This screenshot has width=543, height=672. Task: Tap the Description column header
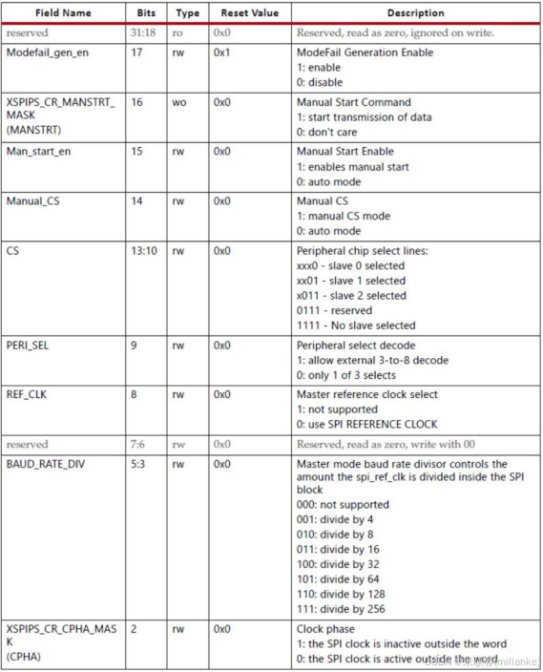pyautogui.click(x=415, y=13)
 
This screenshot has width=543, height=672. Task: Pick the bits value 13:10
pyautogui.click(x=142, y=251)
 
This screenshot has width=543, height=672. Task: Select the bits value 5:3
pyautogui.click(x=138, y=461)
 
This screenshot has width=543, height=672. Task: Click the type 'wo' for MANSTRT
pyautogui.click(x=179, y=102)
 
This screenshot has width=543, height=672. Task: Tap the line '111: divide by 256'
pyautogui.click(x=341, y=610)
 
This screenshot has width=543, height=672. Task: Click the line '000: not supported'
pyautogui.click(x=343, y=505)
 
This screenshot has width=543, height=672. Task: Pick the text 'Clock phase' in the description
pyautogui.click(x=325, y=629)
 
